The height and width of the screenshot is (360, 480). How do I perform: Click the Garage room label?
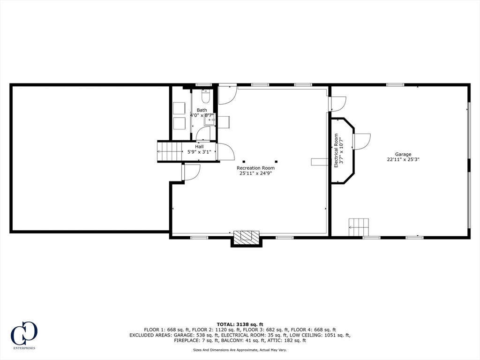(x=403, y=154)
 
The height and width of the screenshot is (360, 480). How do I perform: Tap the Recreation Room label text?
(x=255, y=168)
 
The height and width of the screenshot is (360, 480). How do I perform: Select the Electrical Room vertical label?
(x=336, y=151)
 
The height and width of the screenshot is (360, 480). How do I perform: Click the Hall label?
(x=199, y=147)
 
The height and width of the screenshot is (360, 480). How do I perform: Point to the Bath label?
(x=202, y=110)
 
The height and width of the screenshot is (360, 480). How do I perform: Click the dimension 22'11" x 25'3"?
(x=403, y=159)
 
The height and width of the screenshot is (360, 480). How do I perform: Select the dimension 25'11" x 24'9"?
(x=255, y=173)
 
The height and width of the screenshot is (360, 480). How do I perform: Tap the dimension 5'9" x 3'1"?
(x=199, y=152)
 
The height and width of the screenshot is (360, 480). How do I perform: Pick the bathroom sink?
(x=209, y=120)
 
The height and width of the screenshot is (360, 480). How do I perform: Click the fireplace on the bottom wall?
(x=247, y=237)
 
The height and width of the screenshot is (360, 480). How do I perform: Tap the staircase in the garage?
(x=359, y=227)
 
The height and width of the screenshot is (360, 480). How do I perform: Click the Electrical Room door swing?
(x=361, y=141)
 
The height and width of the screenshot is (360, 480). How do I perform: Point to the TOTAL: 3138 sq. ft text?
(x=240, y=324)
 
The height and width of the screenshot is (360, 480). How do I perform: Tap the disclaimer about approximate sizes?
(x=240, y=350)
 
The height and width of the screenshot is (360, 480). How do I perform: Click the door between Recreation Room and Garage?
(x=337, y=104)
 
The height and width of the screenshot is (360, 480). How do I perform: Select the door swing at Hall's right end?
(x=225, y=151)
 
